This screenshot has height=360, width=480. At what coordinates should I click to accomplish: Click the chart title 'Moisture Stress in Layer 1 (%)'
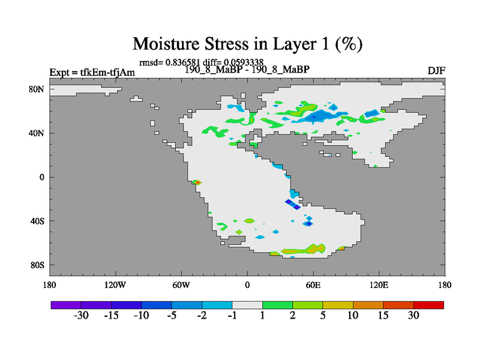[247, 43]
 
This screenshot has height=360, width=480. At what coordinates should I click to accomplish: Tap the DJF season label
[436, 71]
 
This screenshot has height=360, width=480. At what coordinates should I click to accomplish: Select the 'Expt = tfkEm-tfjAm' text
[92, 72]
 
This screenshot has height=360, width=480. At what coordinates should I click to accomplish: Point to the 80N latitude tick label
[37, 89]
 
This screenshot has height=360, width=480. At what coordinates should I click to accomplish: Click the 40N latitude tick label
[37, 133]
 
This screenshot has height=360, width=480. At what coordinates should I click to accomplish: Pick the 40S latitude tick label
[37, 221]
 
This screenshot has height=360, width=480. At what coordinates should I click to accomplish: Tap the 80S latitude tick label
[37, 265]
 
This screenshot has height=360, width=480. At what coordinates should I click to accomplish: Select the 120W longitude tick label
[115, 285]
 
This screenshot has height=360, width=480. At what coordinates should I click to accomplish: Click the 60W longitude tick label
[181, 285]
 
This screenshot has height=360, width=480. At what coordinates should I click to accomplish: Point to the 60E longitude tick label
[313, 285]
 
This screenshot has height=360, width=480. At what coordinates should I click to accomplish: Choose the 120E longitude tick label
[379, 285]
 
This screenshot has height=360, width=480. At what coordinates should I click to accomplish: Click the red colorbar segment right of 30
[428, 305]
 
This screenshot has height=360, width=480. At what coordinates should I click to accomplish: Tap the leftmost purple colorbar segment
[66, 305]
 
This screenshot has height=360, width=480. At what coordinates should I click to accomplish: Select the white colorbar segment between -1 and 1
[247, 305]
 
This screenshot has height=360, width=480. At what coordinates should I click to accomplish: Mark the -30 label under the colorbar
[81, 316]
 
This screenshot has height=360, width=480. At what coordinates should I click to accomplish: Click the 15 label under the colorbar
[383, 316]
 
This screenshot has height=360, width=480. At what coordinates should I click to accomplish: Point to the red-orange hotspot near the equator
[198, 182]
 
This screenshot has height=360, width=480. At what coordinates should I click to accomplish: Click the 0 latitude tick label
[42, 177]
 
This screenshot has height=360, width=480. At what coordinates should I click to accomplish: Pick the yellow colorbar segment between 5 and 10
[338, 305]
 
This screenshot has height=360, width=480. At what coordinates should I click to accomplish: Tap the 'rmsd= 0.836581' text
[169, 62]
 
